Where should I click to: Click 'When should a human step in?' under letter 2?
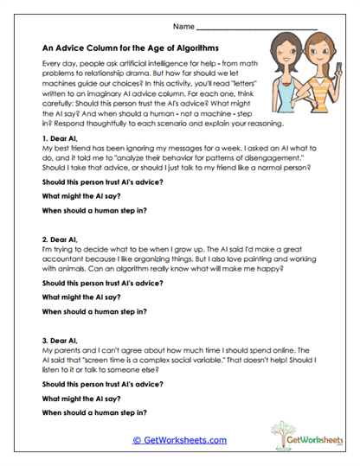[x=94, y=311]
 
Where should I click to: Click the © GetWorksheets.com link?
[x=180, y=440]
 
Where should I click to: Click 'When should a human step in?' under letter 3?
[x=94, y=412]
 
